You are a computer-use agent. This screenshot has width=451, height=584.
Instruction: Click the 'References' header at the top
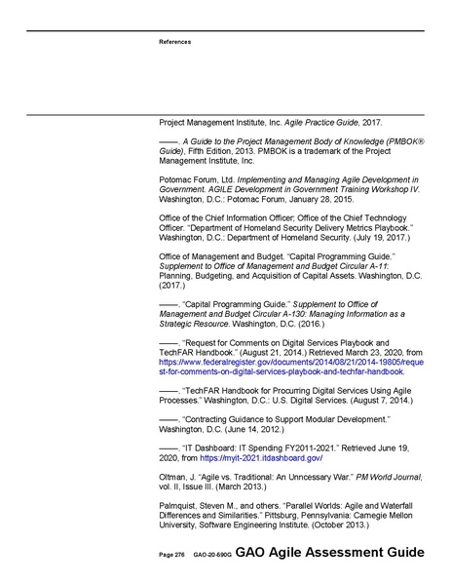point(175,42)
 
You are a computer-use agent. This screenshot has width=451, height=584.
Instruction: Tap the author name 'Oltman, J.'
point(178,476)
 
